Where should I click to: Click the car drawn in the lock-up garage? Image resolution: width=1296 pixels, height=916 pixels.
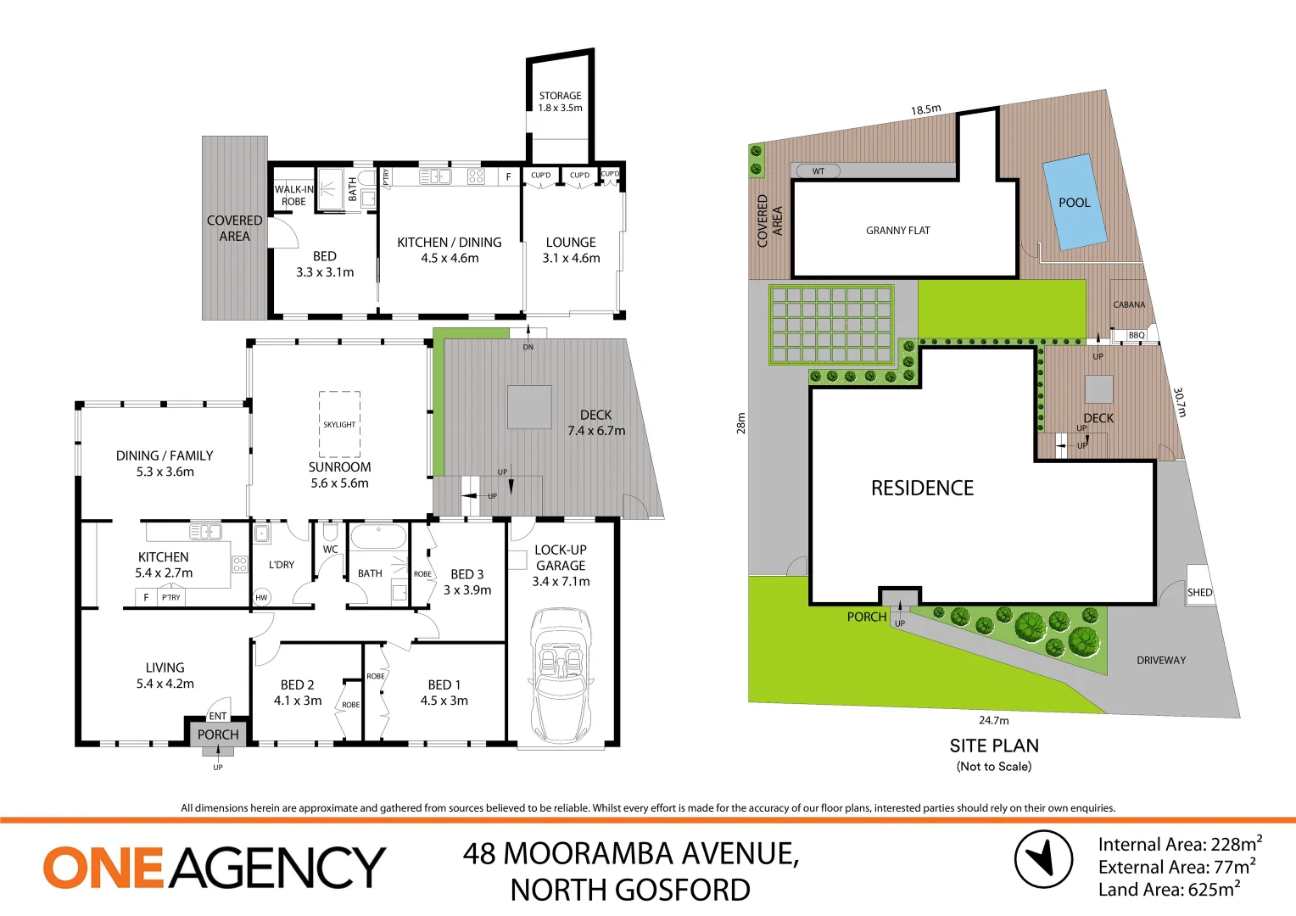561,674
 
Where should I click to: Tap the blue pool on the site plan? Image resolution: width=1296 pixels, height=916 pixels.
1074,202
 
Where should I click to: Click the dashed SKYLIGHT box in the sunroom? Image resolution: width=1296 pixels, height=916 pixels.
339,424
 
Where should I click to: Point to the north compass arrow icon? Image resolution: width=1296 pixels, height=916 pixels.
1043,858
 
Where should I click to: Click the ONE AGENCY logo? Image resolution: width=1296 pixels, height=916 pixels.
215,867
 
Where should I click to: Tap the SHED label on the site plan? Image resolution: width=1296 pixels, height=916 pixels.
1199,592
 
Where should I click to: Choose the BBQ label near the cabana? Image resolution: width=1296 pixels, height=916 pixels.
1137,335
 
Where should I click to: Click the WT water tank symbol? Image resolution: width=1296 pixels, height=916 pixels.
818,171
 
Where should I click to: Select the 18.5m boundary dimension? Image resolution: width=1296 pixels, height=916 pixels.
925,109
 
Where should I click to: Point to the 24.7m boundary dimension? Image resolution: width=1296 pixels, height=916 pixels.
993,720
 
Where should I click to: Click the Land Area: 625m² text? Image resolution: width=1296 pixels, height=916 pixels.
1169,890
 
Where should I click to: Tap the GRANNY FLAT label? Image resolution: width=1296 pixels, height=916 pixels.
897,230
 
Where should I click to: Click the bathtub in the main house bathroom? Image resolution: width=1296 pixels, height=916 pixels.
378,538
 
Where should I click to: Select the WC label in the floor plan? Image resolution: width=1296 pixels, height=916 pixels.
330,550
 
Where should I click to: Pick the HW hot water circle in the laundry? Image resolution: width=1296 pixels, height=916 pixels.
261,597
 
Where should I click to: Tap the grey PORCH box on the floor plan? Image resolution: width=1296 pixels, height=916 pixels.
218,734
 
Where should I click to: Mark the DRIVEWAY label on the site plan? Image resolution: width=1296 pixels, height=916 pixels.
1161,660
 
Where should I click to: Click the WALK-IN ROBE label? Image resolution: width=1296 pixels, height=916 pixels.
293,195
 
